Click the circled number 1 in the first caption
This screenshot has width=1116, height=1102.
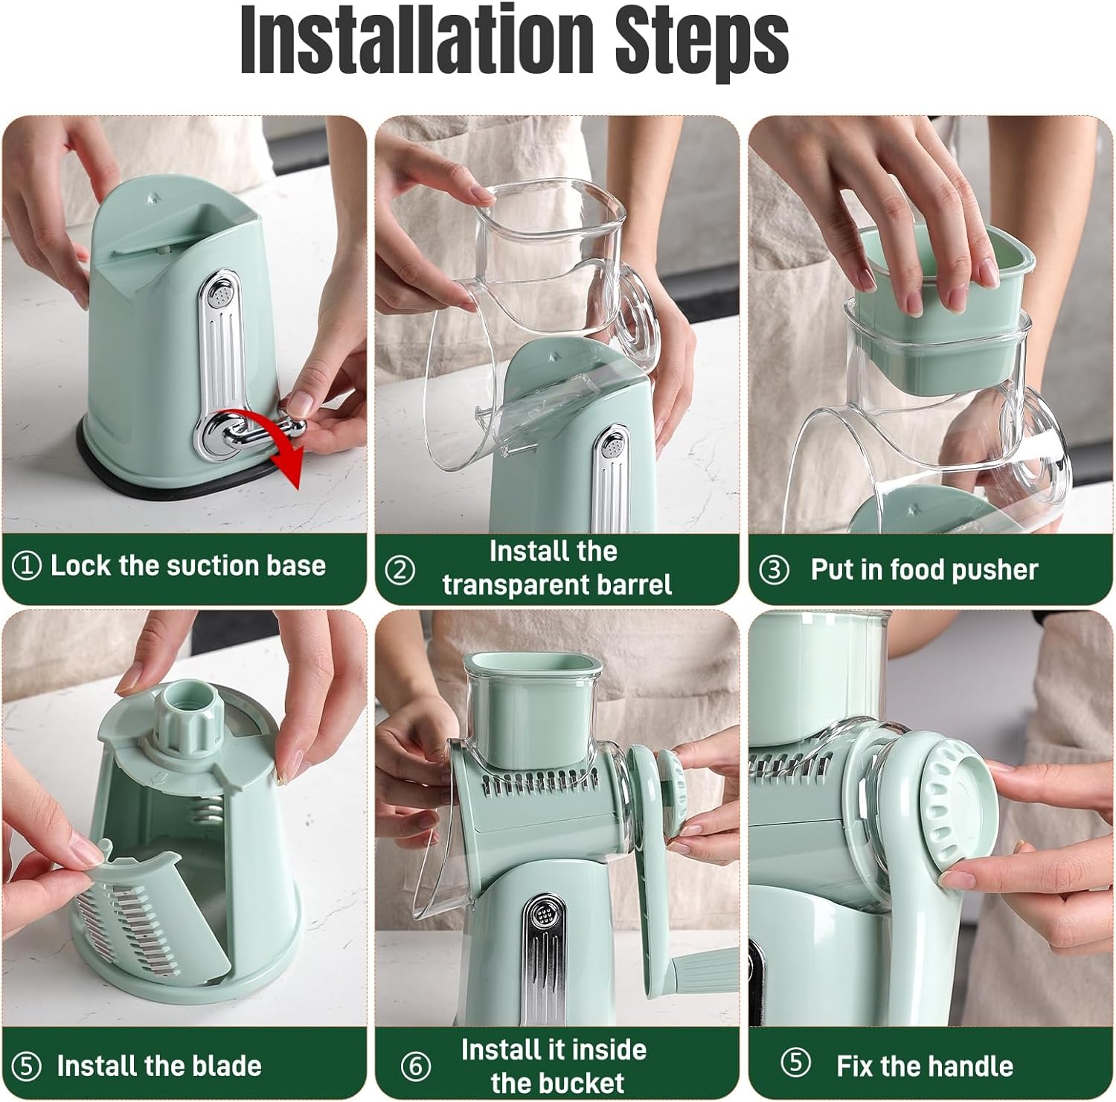tap(27, 566)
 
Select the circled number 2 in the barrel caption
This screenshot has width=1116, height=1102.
tap(400, 570)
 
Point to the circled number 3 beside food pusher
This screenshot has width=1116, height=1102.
tap(774, 571)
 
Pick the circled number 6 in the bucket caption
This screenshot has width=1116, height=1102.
tap(415, 1066)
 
